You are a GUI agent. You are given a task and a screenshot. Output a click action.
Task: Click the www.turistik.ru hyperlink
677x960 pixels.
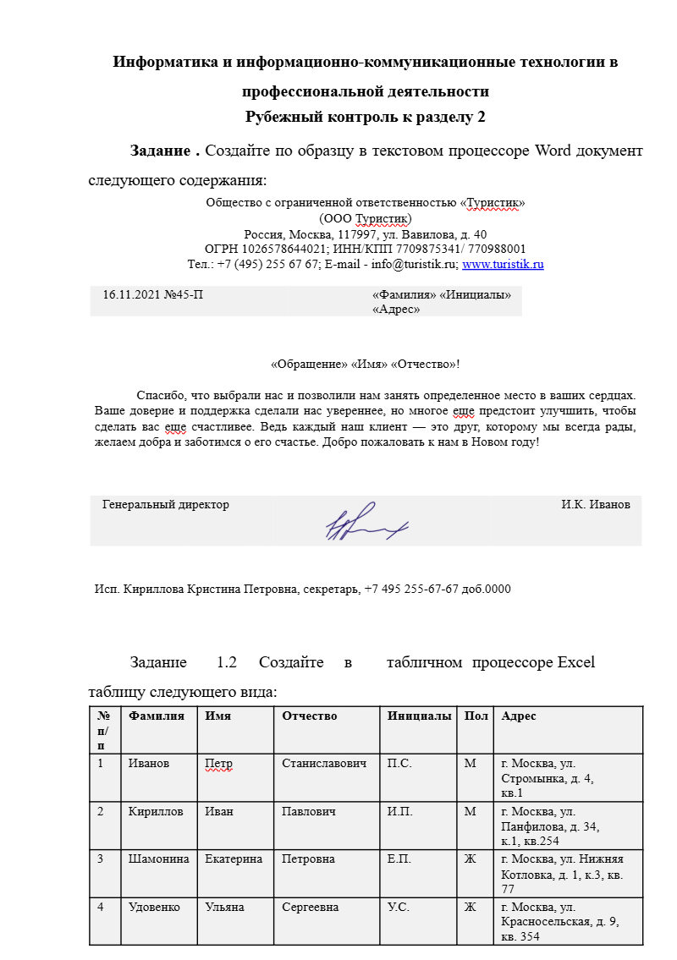click(x=503, y=265)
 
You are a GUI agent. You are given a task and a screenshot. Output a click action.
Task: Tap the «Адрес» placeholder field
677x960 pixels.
click(x=396, y=310)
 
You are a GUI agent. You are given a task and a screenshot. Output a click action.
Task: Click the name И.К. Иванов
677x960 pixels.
click(x=595, y=505)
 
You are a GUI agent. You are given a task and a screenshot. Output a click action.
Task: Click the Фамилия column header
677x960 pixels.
click(x=157, y=716)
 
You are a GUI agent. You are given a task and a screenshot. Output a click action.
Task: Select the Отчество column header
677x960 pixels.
click(x=310, y=716)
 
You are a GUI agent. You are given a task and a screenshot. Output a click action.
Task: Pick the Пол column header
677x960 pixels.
click(x=476, y=716)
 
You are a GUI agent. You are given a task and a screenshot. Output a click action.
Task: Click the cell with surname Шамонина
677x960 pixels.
click(x=158, y=859)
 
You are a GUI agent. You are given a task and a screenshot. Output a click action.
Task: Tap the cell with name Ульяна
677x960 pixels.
click(x=224, y=908)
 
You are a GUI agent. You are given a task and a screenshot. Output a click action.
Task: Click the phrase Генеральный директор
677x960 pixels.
click(x=166, y=505)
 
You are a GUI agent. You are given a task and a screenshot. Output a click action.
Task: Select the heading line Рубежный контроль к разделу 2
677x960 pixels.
click(x=366, y=118)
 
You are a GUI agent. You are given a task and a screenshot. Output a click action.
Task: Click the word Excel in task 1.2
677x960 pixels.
click(x=575, y=662)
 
